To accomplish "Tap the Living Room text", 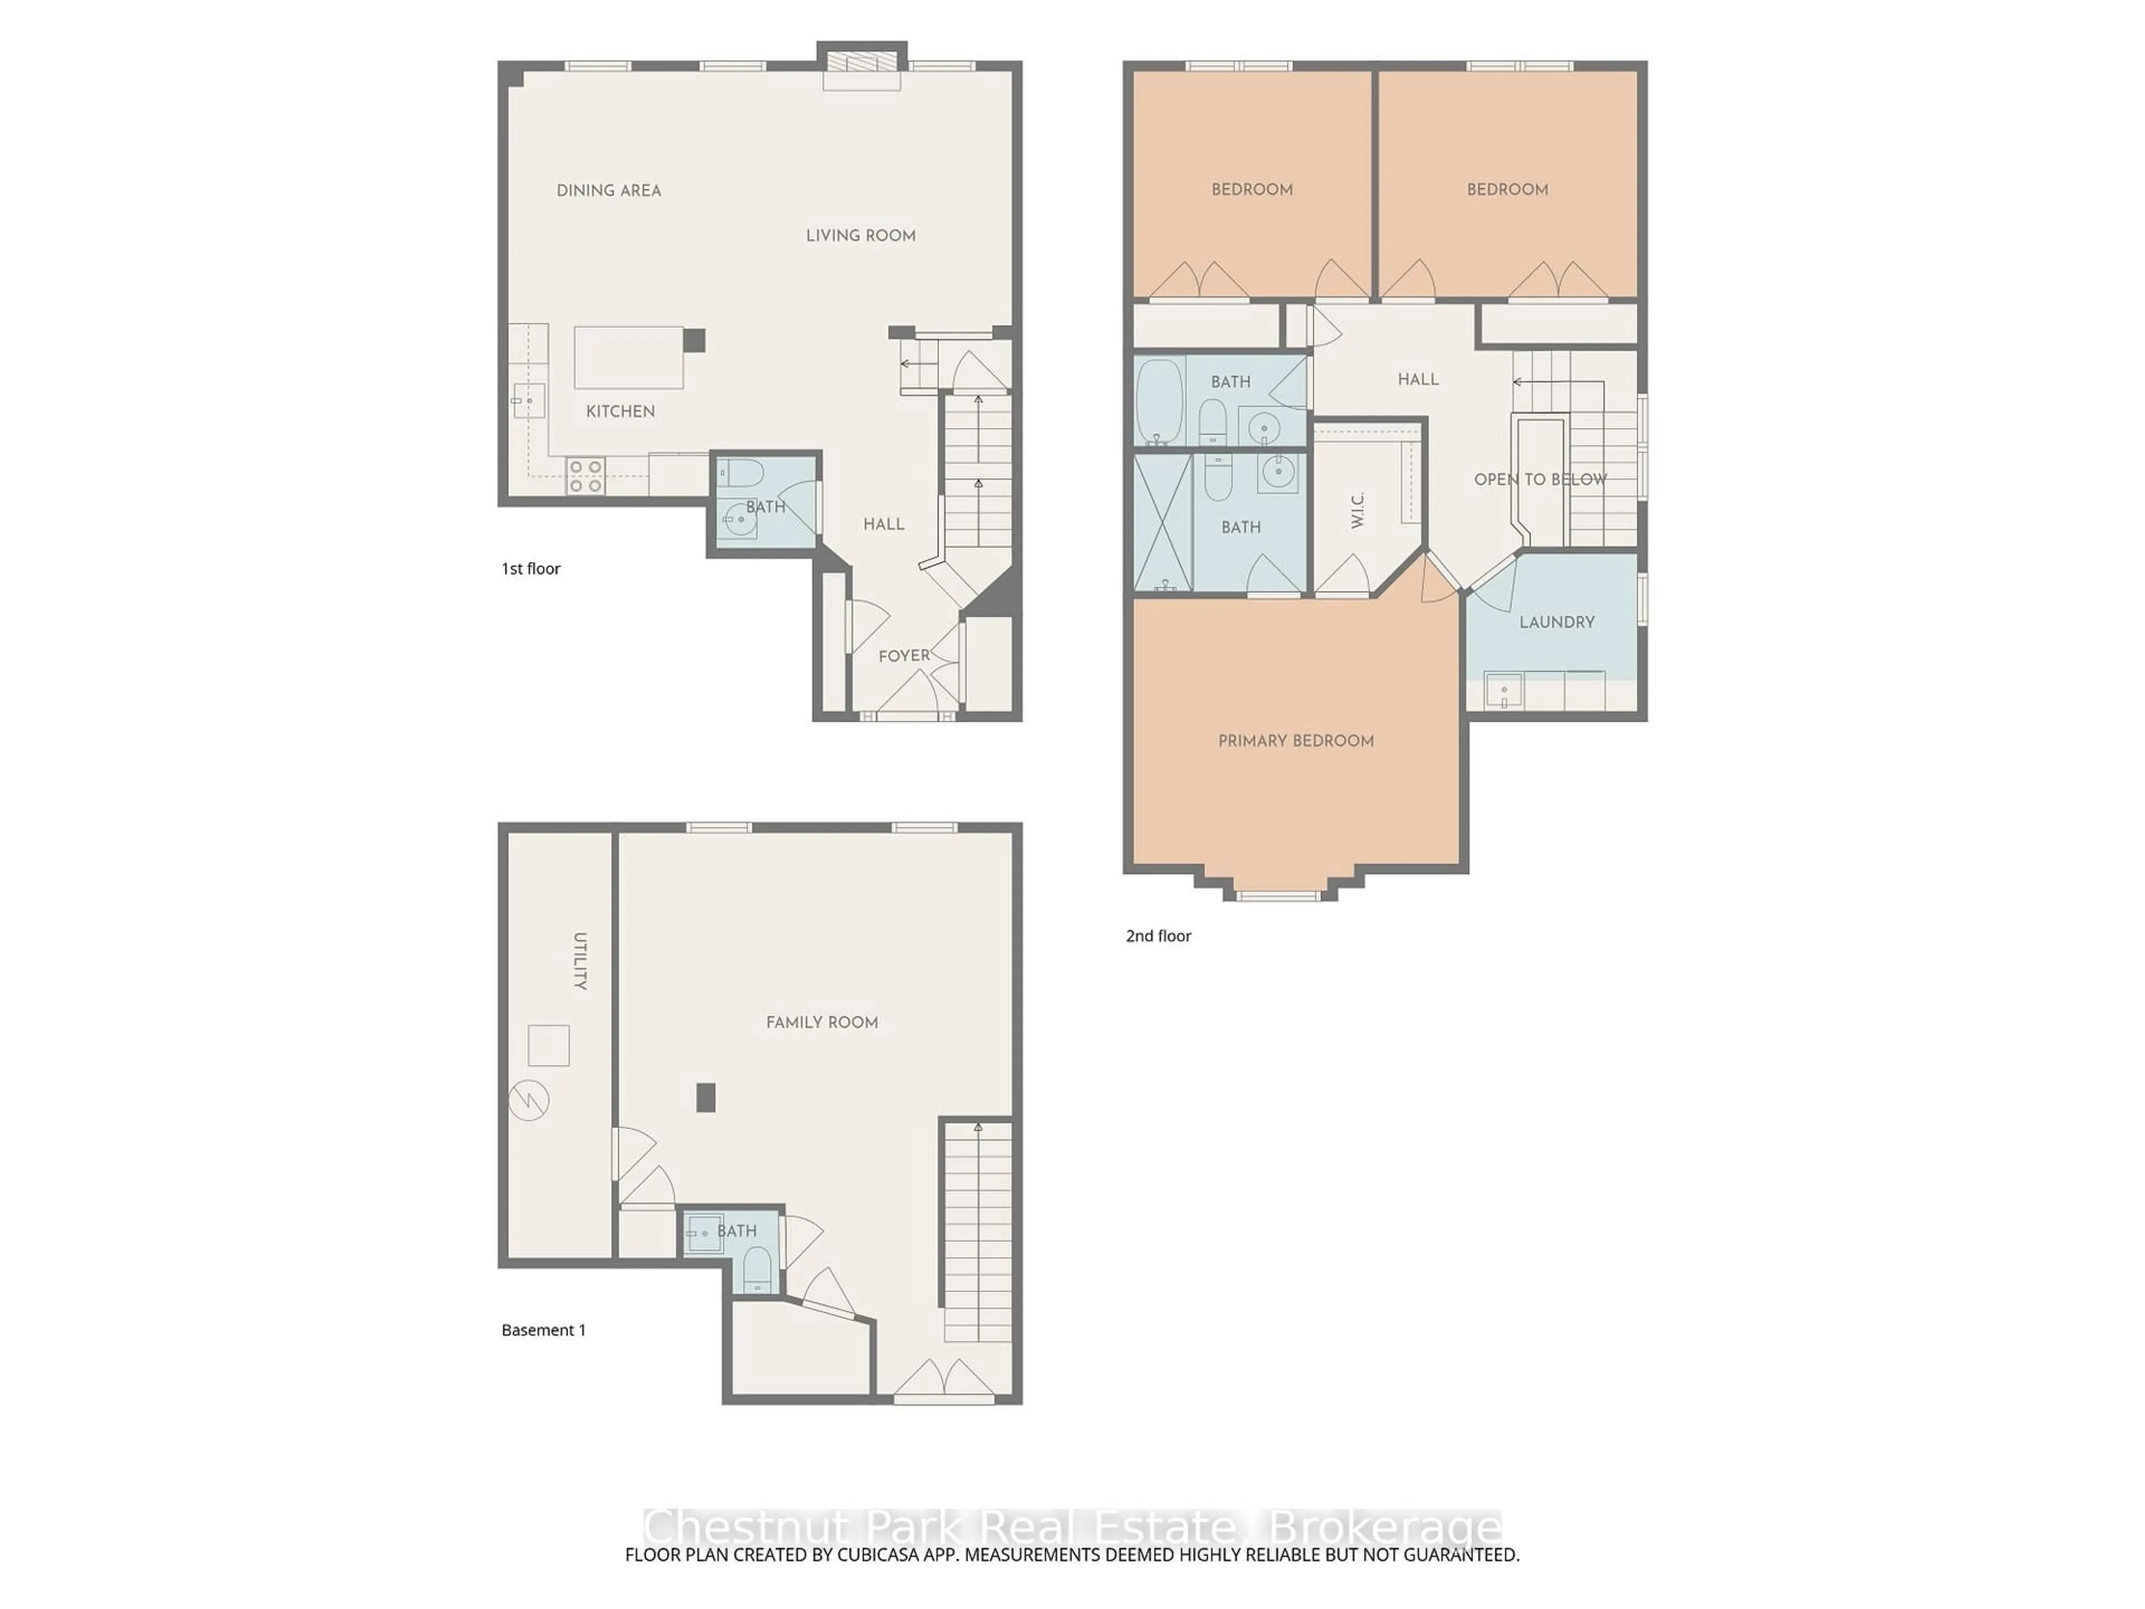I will point(860,235).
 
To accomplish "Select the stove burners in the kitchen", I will point(586,476).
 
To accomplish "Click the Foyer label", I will point(904,656).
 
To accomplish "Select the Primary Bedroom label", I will point(1295,741).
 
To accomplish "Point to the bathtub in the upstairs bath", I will point(1160,402).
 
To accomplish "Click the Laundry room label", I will point(1556,622).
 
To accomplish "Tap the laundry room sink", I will point(1503,692).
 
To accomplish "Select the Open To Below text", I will point(1540,479).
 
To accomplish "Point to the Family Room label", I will point(821,1022).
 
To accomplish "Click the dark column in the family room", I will point(706,1097).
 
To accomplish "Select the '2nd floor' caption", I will point(1158,936).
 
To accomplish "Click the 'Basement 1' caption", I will point(543,1330).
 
